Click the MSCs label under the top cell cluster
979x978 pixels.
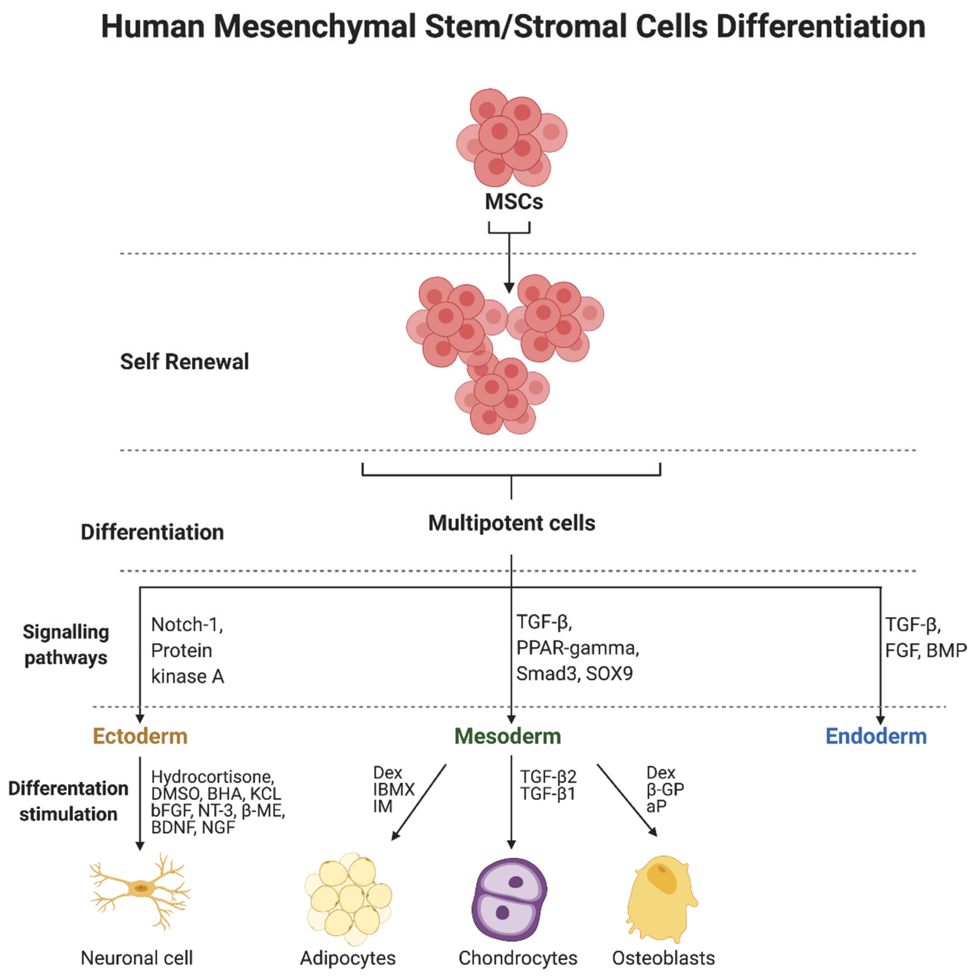[513, 202]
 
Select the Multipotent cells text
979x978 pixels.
[511, 523]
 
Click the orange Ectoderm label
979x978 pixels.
[140, 736]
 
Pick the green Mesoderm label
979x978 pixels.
[507, 736]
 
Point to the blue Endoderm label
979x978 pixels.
[876, 736]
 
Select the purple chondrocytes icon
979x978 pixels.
[509, 898]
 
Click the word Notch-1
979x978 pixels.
[186, 625]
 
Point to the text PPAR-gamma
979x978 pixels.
[577, 648]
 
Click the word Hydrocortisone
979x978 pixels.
[212, 777]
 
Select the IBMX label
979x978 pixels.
[394, 789]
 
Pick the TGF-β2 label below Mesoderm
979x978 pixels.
[548, 777]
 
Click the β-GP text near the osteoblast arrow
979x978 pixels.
[665, 789]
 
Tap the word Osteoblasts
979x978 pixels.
[663, 958]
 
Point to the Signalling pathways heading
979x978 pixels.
[66, 645]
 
